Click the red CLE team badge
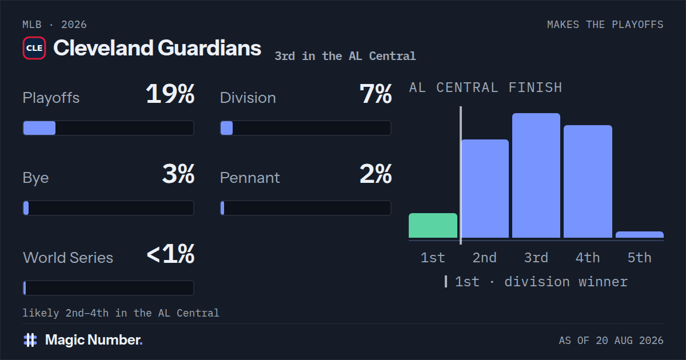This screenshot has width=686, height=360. tap(34, 48)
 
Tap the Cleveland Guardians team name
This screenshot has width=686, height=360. tap(157, 48)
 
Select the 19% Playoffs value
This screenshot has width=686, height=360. tap(170, 94)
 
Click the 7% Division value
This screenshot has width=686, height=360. tap(376, 94)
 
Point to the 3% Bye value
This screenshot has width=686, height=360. tap(178, 174)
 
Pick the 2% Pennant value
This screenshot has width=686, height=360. tap(376, 174)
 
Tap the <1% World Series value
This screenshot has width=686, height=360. tap(170, 254)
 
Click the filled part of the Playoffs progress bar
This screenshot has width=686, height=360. tap(39, 128)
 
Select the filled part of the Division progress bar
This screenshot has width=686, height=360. tap(226, 128)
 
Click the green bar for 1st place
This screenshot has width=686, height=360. tap(433, 226)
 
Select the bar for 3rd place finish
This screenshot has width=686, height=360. tap(536, 175)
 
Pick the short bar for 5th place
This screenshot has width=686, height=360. tap(640, 235)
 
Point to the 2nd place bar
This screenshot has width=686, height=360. tap(485, 189)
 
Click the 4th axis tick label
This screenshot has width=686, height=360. tap(588, 258)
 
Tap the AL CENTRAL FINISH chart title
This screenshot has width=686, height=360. tap(486, 88)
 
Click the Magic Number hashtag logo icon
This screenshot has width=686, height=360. tap(30, 340)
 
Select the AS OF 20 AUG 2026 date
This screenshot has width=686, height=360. tap(611, 341)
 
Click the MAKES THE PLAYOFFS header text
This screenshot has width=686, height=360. tap(605, 25)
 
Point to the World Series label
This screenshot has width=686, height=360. tap(68, 258)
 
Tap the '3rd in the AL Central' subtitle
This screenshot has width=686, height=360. tap(345, 56)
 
